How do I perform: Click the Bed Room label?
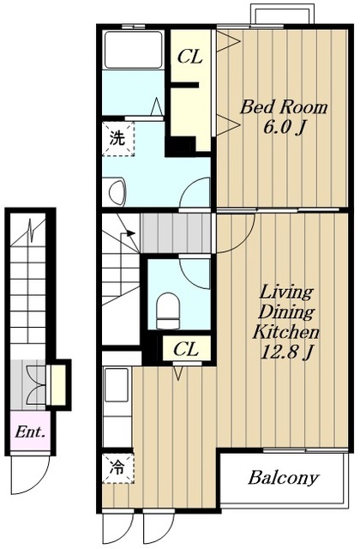[x=284, y=106]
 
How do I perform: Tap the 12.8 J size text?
[x=285, y=353]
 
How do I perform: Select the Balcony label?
[x=284, y=478]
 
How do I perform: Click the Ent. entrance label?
[x=30, y=432]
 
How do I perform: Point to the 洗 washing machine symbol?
[x=118, y=138]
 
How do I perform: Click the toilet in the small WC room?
[x=168, y=311]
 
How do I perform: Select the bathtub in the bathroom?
[x=134, y=50]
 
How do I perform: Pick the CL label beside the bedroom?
[x=190, y=57]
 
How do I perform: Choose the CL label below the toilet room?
[x=186, y=349]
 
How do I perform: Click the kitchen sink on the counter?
[x=117, y=384]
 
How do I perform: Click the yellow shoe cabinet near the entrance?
[x=58, y=385]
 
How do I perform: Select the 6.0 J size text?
[x=282, y=128]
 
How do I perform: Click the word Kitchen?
[x=285, y=332]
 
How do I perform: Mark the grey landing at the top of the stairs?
[x=176, y=232]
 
